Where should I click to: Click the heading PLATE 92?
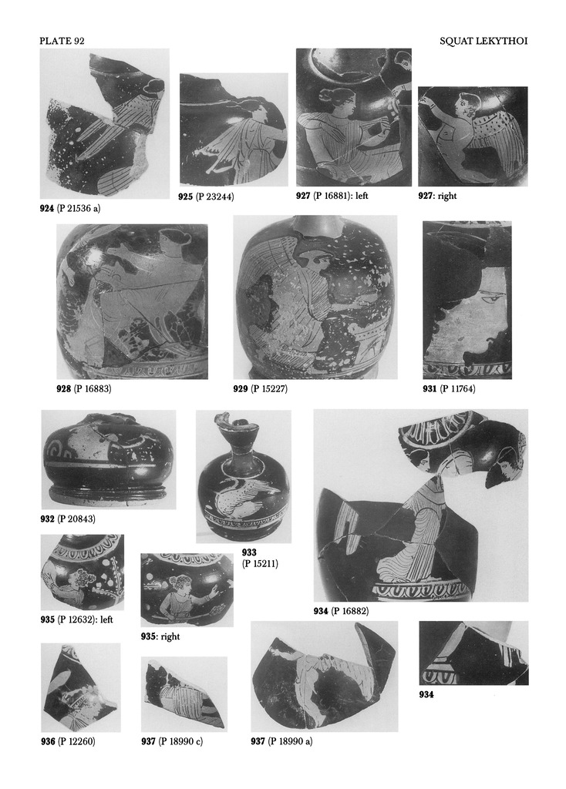point(62,42)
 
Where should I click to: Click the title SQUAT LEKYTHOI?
point(483,42)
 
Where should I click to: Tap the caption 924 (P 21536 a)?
point(70,208)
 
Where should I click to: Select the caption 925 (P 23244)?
point(207,196)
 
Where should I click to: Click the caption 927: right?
point(437,196)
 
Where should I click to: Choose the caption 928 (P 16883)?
point(83,388)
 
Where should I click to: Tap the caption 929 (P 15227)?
point(261,388)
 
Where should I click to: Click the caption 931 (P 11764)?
point(449,388)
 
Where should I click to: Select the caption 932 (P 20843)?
point(68,519)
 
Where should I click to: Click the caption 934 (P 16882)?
point(341,611)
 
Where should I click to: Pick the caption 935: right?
point(160,636)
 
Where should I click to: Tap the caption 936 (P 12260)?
point(68,741)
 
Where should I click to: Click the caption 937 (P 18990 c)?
point(172,741)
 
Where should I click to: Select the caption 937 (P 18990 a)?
point(281,741)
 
